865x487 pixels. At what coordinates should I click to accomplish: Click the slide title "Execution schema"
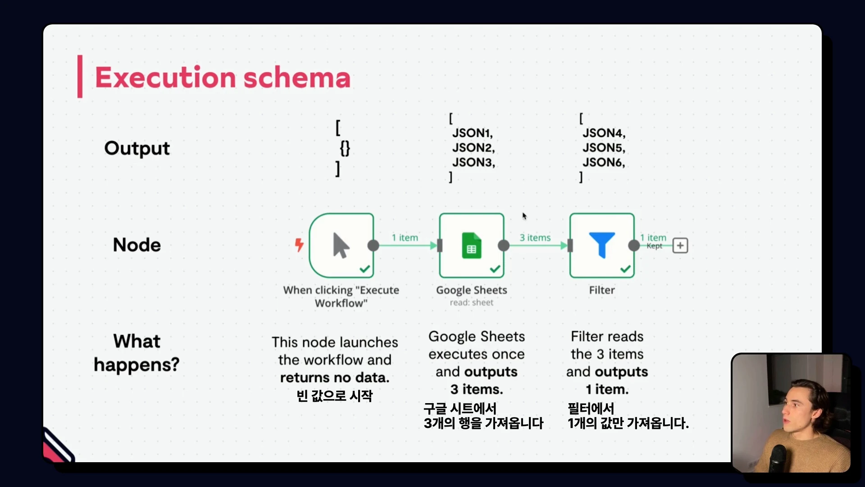(223, 77)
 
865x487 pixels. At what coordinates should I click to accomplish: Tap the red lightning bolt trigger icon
(299, 245)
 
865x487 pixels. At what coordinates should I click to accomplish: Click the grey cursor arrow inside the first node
(341, 245)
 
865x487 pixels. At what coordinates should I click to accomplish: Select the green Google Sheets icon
(471, 245)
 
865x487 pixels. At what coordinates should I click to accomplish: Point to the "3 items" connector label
(535, 238)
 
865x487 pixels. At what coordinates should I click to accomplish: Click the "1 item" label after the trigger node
(405, 238)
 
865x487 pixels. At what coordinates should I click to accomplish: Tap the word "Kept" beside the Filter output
(655, 246)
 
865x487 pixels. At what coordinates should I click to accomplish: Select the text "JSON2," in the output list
(473, 147)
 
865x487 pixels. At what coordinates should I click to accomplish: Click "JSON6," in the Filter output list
(604, 162)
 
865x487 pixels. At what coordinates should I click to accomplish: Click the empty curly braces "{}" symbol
(345, 148)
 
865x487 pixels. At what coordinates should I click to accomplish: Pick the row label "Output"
(137, 148)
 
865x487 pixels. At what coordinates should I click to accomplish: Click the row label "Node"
(137, 245)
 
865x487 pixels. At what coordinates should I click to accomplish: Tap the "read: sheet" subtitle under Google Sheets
(471, 303)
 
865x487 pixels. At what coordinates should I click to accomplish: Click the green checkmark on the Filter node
(625, 269)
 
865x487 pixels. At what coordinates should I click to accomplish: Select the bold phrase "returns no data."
(335, 377)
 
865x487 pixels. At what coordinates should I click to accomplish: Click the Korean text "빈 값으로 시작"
(335, 396)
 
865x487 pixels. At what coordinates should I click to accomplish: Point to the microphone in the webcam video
(778, 458)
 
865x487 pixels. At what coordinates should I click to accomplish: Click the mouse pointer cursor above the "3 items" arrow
(524, 216)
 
